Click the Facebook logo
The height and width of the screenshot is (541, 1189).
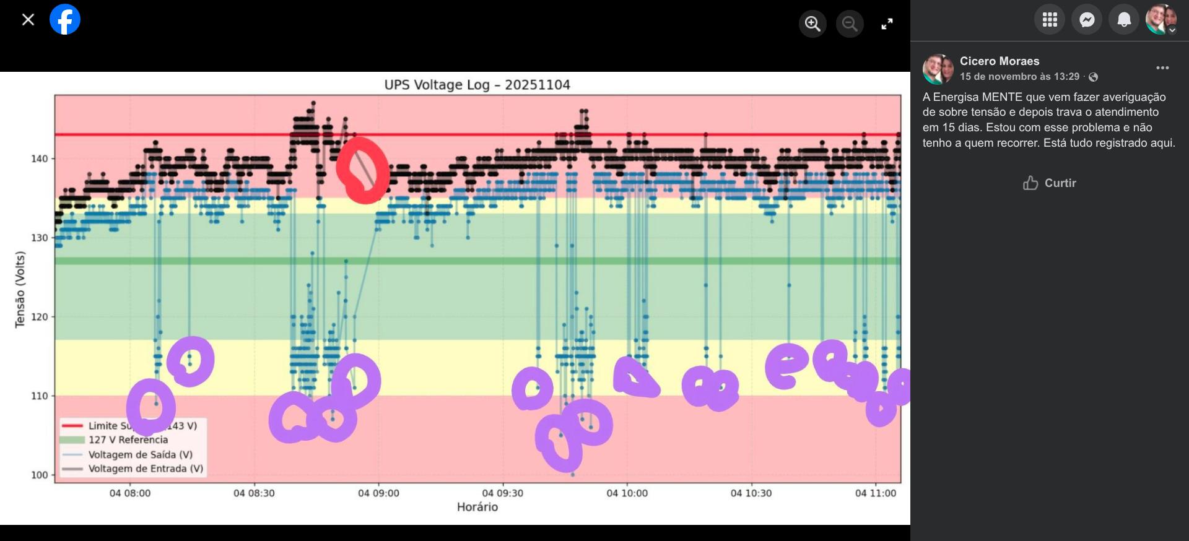(x=65, y=19)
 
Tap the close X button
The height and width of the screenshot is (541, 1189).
(x=28, y=20)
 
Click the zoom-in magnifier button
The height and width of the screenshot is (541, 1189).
(x=812, y=24)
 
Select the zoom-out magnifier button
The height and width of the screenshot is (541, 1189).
(x=850, y=24)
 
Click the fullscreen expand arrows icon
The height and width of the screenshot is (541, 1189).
(x=887, y=24)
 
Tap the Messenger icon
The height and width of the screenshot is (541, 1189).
(x=1087, y=20)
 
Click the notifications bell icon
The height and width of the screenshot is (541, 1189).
(x=1124, y=20)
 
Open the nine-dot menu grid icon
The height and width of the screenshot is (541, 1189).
(x=1050, y=20)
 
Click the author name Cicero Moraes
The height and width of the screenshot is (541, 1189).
(x=1000, y=61)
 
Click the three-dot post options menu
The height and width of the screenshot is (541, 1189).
(x=1162, y=67)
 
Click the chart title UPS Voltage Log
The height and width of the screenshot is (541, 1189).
(x=477, y=85)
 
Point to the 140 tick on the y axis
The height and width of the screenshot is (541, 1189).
(x=39, y=158)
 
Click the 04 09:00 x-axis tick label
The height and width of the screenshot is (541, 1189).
(x=378, y=493)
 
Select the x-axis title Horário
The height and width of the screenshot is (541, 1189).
(x=477, y=507)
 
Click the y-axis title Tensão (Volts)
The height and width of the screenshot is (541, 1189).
(x=20, y=289)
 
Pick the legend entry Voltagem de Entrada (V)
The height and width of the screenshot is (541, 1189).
(x=146, y=469)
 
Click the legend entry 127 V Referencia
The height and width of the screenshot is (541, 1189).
(x=128, y=439)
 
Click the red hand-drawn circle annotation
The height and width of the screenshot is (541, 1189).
(x=363, y=170)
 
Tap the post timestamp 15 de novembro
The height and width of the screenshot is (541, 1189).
(x=1019, y=77)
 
